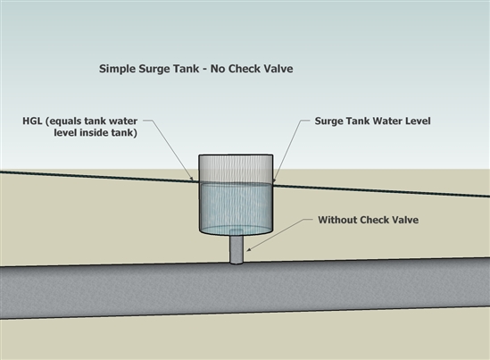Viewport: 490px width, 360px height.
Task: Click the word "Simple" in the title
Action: [x=118, y=69]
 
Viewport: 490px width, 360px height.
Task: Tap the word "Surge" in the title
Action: [x=154, y=69]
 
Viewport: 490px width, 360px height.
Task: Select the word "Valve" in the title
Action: [x=279, y=69]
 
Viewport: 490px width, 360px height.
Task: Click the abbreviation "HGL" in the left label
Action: [x=32, y=121]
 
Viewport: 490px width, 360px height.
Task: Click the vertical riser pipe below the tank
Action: [x=237, y=248]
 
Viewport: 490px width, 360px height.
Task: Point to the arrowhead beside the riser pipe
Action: [x=249, y=249]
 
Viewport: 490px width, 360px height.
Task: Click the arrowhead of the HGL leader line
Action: [x=192, y=179]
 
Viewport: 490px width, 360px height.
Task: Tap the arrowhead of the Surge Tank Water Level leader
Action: [x=275, y=180]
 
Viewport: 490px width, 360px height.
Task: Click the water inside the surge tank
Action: [x=237, y=206]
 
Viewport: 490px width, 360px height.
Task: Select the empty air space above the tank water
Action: [x=237, y=169]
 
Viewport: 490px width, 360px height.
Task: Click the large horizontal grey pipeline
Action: [x=245, y=288]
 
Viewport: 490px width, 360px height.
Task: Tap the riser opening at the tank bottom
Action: [x=237, y=231]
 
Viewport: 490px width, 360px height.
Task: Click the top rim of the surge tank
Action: [x=237, y=155]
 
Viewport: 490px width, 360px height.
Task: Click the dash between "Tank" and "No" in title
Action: [x=204, y=70]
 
